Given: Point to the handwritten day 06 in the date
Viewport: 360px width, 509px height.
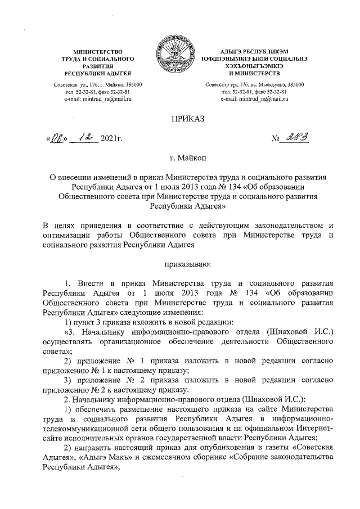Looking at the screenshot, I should [57, 138].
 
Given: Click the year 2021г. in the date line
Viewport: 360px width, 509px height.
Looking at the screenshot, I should [112, 139].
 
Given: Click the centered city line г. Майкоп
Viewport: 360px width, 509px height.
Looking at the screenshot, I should [179, 159].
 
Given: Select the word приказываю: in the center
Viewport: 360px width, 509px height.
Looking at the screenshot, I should [180, 262].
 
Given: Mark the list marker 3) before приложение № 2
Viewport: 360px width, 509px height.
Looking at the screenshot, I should [67, 380].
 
